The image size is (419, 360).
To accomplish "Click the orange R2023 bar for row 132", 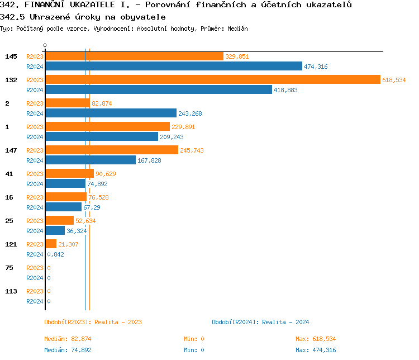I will [x=212, y=80].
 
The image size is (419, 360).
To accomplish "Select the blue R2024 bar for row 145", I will [x=173, y=67].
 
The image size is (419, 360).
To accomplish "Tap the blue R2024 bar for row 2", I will [x=111, y=113].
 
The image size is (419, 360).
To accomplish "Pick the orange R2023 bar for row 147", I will [x=112, y=150].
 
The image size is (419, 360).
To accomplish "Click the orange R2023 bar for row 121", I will [x=51, y=244].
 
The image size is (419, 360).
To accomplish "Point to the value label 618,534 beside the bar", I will [x=394, y=80].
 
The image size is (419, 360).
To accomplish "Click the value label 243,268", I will [x=190, y=113].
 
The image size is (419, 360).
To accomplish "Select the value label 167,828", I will [x=149, y=160].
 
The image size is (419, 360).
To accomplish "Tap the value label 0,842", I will [x=55, y=254].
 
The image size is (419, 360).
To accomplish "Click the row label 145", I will [x=11, y=56].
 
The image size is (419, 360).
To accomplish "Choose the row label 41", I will [x=9, y=174].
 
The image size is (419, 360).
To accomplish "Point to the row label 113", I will [x=11, y=291].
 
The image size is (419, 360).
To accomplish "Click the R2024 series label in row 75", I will [x=35, y=278].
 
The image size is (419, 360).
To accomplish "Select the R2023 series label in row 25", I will [x=35, y=221].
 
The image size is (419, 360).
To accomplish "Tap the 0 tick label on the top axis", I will [x=45, y=45].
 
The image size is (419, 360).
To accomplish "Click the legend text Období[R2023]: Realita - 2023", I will [x=93, y=322].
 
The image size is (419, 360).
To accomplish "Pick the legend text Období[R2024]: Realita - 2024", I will [x=260, y=322].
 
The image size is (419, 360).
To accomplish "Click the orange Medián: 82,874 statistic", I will [x=68, y=339].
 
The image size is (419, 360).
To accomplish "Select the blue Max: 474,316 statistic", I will [x=316, y=350].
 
